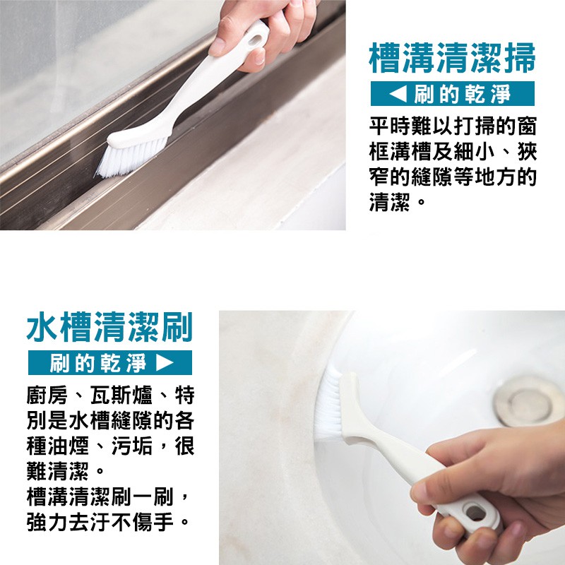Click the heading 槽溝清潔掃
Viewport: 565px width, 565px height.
point(452,59)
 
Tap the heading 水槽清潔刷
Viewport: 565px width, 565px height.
point(110,327)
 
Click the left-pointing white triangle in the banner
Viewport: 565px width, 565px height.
point(398,94)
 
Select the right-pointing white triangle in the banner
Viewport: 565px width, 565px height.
point(165,362)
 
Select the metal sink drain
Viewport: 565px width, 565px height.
point(526,401)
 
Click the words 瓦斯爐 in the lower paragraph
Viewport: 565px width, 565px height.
point(121,395)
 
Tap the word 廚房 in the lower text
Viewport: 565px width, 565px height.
point(47,395)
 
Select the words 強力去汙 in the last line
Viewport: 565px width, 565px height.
point(68,522)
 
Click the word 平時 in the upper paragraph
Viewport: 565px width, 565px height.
point(390,126)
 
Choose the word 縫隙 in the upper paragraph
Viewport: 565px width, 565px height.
point(432,177)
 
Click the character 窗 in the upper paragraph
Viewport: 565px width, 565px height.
point(526,126)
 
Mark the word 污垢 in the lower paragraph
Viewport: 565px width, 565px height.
point(132,446)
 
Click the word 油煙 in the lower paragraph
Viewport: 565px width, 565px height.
point(68,446)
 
